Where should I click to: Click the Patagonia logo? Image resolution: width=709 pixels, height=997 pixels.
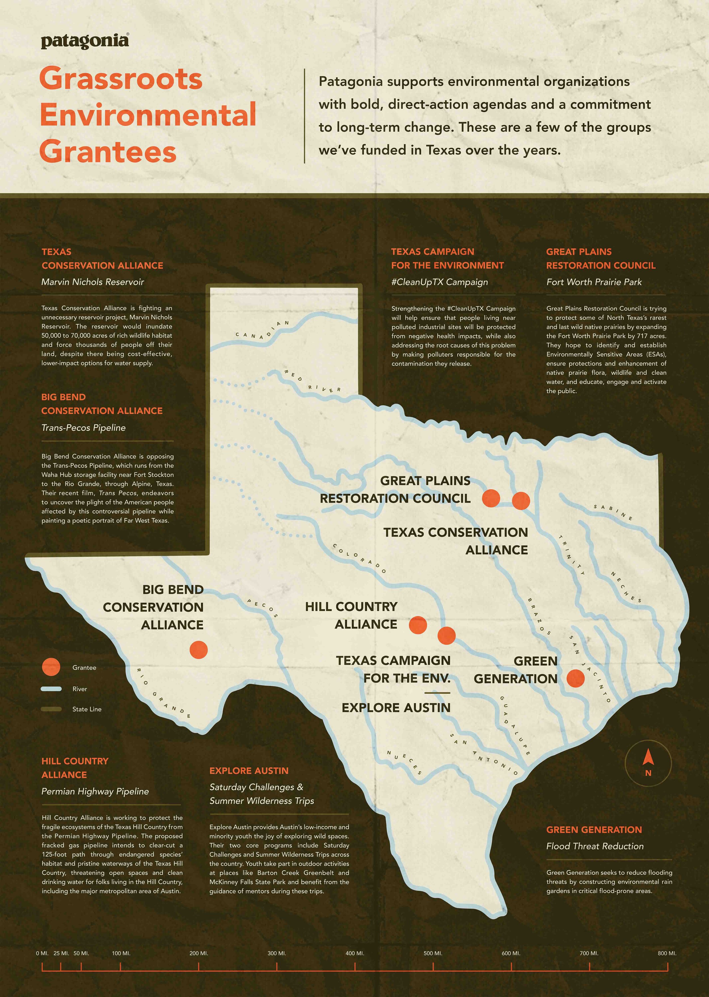85,41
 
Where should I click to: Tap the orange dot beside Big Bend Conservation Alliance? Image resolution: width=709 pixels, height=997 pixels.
199,650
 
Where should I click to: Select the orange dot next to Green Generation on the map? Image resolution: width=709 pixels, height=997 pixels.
575,678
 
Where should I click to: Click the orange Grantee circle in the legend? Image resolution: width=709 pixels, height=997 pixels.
51,668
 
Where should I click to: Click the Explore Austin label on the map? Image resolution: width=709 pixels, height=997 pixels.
396,708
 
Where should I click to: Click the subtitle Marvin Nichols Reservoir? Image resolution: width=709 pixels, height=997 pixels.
92,282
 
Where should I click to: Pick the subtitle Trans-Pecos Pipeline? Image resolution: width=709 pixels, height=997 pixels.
83,428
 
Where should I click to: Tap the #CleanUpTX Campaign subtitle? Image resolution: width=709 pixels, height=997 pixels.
440,282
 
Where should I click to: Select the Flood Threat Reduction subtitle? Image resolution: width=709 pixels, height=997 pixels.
595,846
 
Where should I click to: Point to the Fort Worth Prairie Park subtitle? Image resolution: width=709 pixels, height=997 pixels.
594,282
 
